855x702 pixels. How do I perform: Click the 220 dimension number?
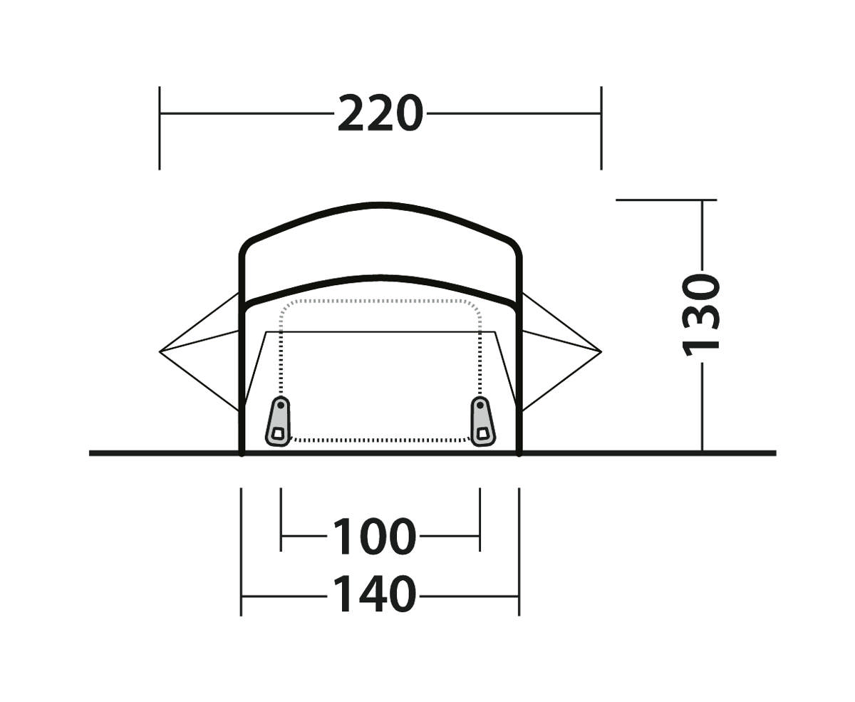pos(380,113)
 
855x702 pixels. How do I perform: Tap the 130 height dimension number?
pos(701,316)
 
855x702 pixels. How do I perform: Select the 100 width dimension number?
pos(374,536)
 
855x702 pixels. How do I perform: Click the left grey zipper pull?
pos(279,421)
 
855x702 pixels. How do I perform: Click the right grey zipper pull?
pos(482,421)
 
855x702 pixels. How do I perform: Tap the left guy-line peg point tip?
pos(160,351)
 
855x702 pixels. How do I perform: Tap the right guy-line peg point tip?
pos(601,351)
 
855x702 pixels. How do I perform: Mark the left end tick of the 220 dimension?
pos(160,128)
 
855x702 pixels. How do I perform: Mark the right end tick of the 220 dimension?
pos(601,128)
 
